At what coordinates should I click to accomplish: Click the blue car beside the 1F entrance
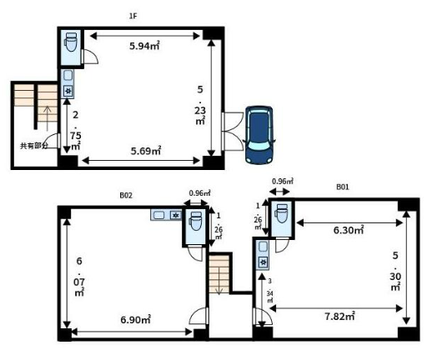click(x=259, y=135)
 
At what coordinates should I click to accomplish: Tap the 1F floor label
click(x=133, y=16)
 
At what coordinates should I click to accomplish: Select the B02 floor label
click(x=126, y=196)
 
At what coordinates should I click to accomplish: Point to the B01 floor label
click(x=343, y=187)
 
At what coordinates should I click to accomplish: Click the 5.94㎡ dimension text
click(x=144, y=46)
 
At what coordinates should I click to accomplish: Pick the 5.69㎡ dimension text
click(x=146, y=152)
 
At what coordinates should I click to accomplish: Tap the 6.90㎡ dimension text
click(x=136, y=320)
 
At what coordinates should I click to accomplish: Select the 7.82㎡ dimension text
click(x=339, y=317)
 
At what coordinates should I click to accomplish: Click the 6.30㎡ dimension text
click(x=349, y=230)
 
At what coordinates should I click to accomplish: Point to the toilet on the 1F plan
click(x=71, y=42)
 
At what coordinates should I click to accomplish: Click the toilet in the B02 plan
click(x=196, y=221)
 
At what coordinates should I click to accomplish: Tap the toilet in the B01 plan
click(x=282, y=214)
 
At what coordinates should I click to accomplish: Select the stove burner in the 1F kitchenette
click(x=68, y=91)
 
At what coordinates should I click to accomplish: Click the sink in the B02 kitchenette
click(x=159, y=215)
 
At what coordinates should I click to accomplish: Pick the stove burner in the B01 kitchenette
click(x=264, y=262)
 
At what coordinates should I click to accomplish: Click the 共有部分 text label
click(x=34, y=146)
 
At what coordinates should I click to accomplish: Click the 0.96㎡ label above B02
click(x=199, y=193)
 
